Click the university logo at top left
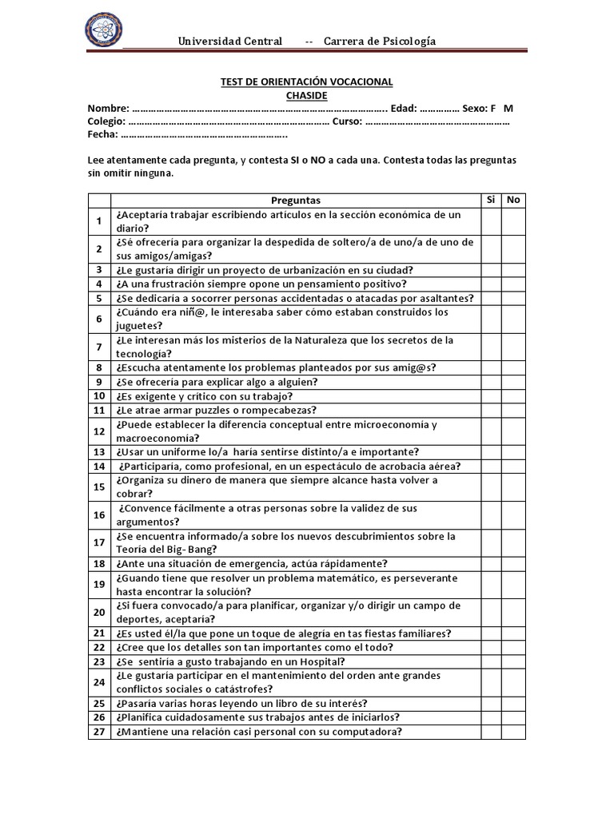tap(106, 33)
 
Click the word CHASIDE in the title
tap(306, 95)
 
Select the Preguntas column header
tap(295, 201)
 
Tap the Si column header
tap(490, 200)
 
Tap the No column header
tap(513, 200)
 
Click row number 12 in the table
tap(99, 431)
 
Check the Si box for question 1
tap(490, 221)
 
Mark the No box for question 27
tap(513, 732)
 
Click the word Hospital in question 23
tap(319, 661)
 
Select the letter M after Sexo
tap(508, 108)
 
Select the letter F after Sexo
tap(493, 108)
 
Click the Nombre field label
tap(108, 108)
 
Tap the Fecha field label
tap(103, 135)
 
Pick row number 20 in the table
tap(99, 613)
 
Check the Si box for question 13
tap(490, 452)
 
